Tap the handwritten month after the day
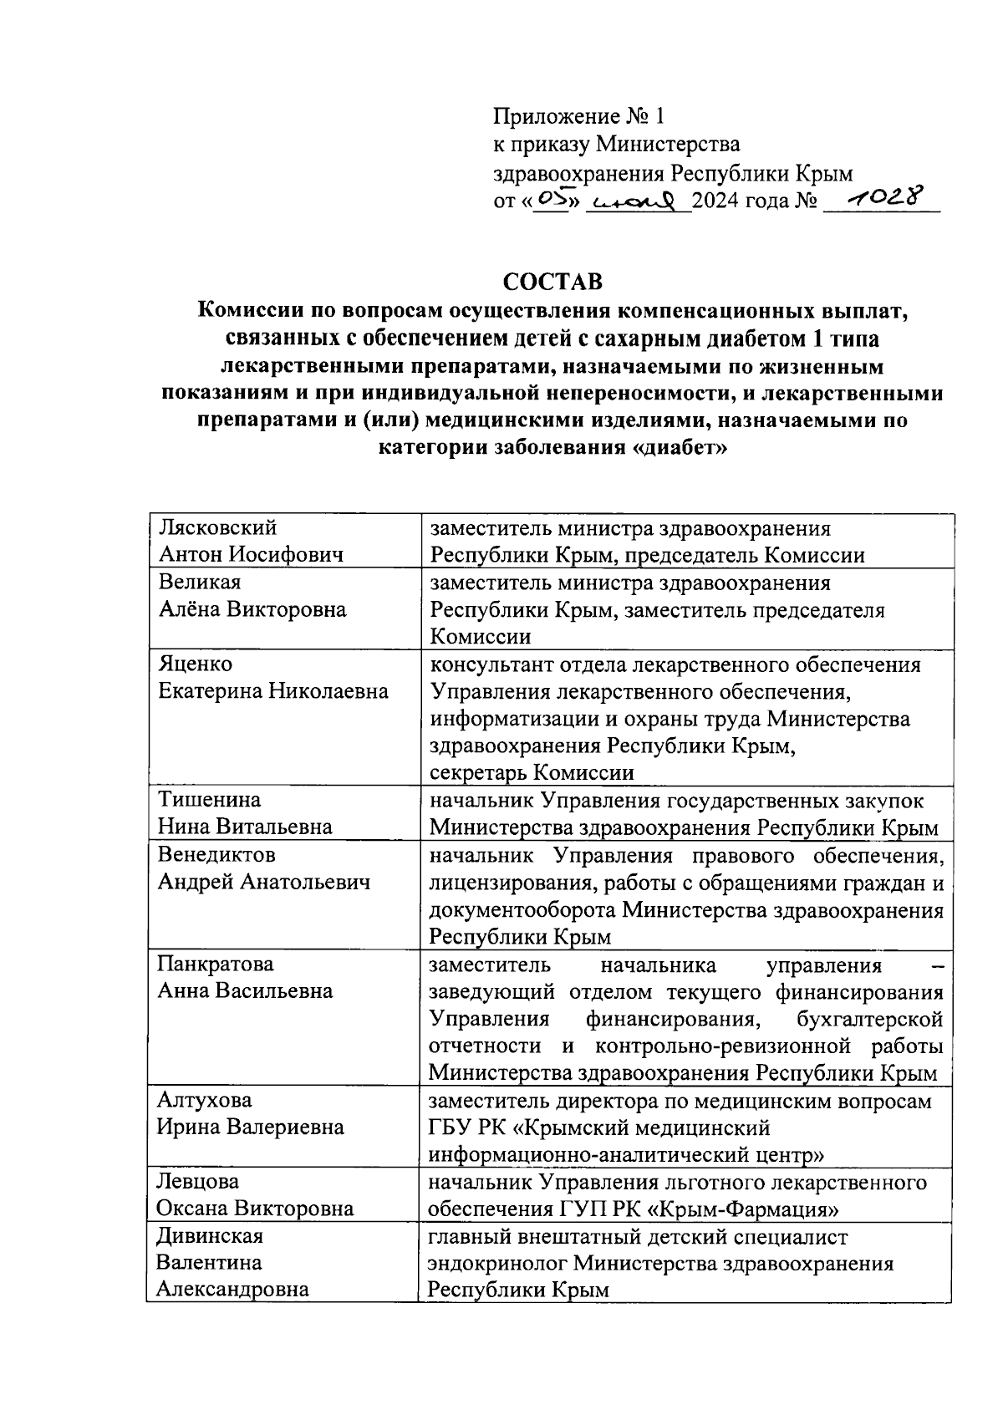coord(639,201)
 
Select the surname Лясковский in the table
coord(218,528)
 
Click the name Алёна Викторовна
coord(252,609)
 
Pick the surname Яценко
coord(196,664)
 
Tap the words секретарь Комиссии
coord(532,773)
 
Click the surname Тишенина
coord(210,800)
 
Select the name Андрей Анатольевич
coord(263,882)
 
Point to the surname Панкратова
coord(216,964)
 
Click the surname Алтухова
coord(205,1100)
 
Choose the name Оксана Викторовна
coord(255,1209)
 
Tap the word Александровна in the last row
coord(233,1289)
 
